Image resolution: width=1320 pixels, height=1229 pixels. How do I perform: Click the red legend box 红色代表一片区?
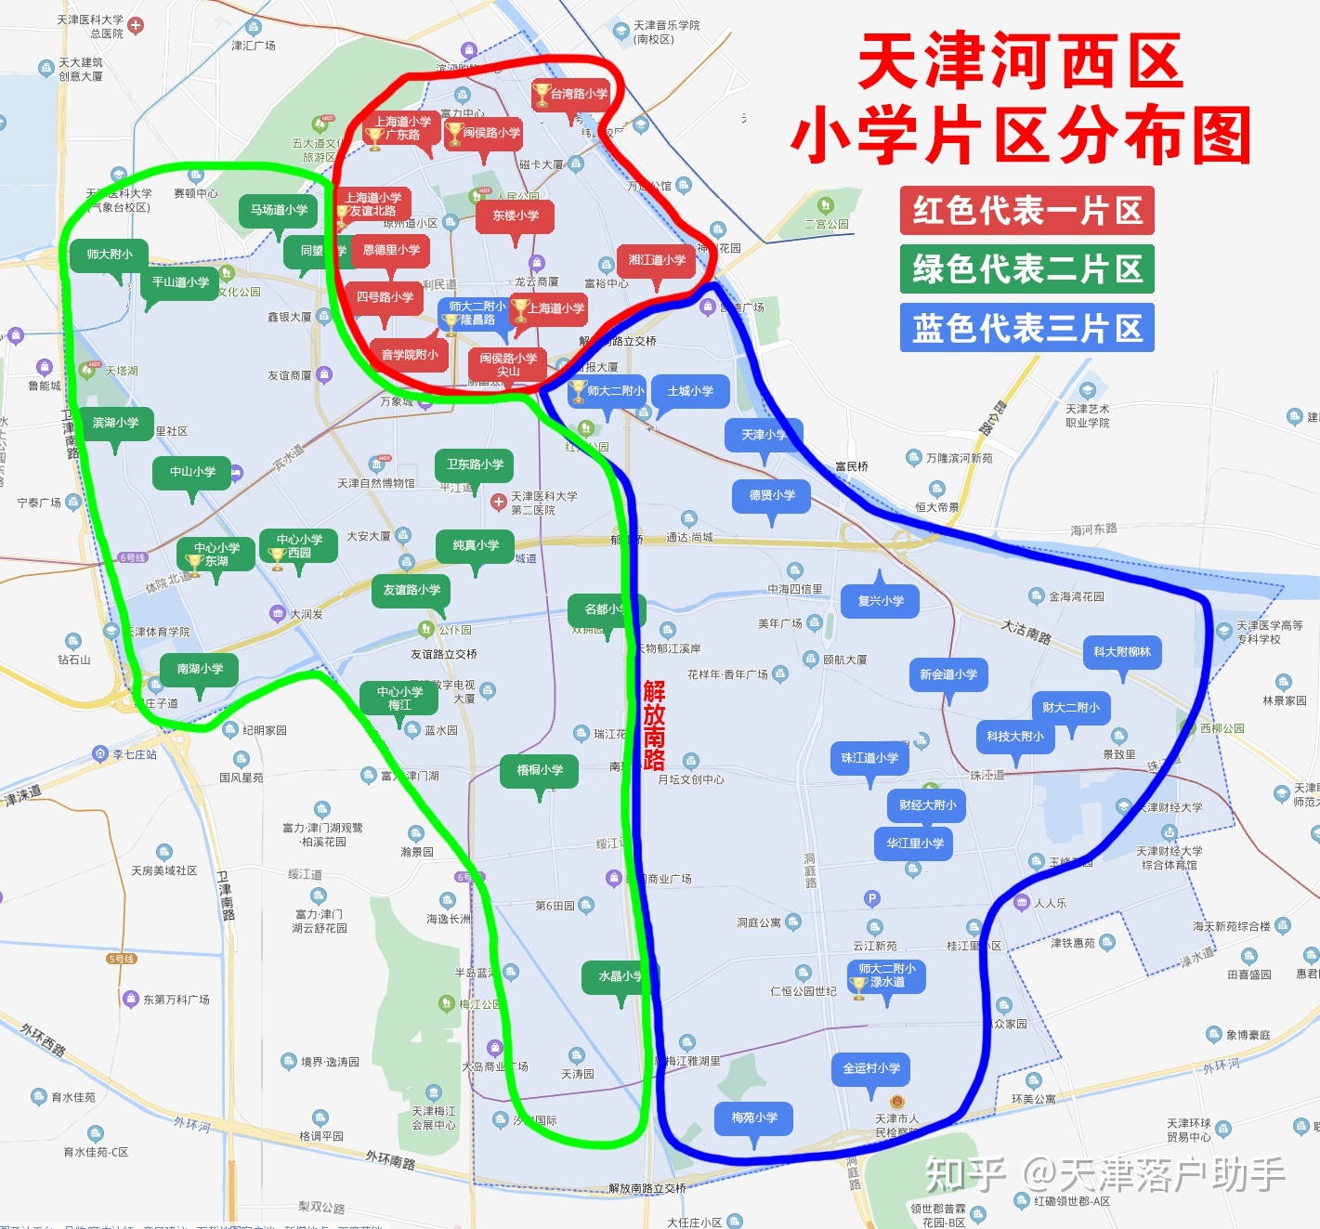click(x=1026, y=211)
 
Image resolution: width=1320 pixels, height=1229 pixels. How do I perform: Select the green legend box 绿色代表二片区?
click(x=1026, y=269)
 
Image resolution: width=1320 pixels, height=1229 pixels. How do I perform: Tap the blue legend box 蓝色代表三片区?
click(x=1026, y=328)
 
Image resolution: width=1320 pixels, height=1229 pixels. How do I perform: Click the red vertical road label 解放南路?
click(x=654, y=726)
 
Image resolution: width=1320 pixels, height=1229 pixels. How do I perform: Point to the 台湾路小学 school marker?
click(x=570, y=94)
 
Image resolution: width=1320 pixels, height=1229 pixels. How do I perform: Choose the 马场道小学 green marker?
click(x=279, y=211)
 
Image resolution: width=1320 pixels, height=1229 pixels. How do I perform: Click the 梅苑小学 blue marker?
click(x=754, y=1118)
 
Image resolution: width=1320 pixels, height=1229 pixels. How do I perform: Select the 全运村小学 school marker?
click(x=871, y=1068)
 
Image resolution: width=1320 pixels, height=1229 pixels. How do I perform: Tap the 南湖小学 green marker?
click(x=200, y=669)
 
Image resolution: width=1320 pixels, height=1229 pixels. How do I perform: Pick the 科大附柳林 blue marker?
click(x=1122, y=652)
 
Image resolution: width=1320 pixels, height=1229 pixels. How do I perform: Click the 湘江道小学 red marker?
click(x=657, y=260)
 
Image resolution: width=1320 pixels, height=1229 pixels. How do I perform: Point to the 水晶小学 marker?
click(x=619, y=976)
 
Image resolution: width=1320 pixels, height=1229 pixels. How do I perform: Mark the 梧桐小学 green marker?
click(x=540, y=770)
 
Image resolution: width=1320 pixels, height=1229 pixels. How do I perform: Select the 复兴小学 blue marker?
click(x=881, y=601)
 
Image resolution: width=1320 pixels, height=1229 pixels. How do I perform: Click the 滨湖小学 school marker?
click(x=115, y=423)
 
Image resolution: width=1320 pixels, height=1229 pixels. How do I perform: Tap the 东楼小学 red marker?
click(x=516, y=216)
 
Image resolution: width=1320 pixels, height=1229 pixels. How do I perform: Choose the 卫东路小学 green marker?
click(x=475, y=464)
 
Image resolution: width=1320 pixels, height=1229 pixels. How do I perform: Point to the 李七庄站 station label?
click(x=134, y=754)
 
